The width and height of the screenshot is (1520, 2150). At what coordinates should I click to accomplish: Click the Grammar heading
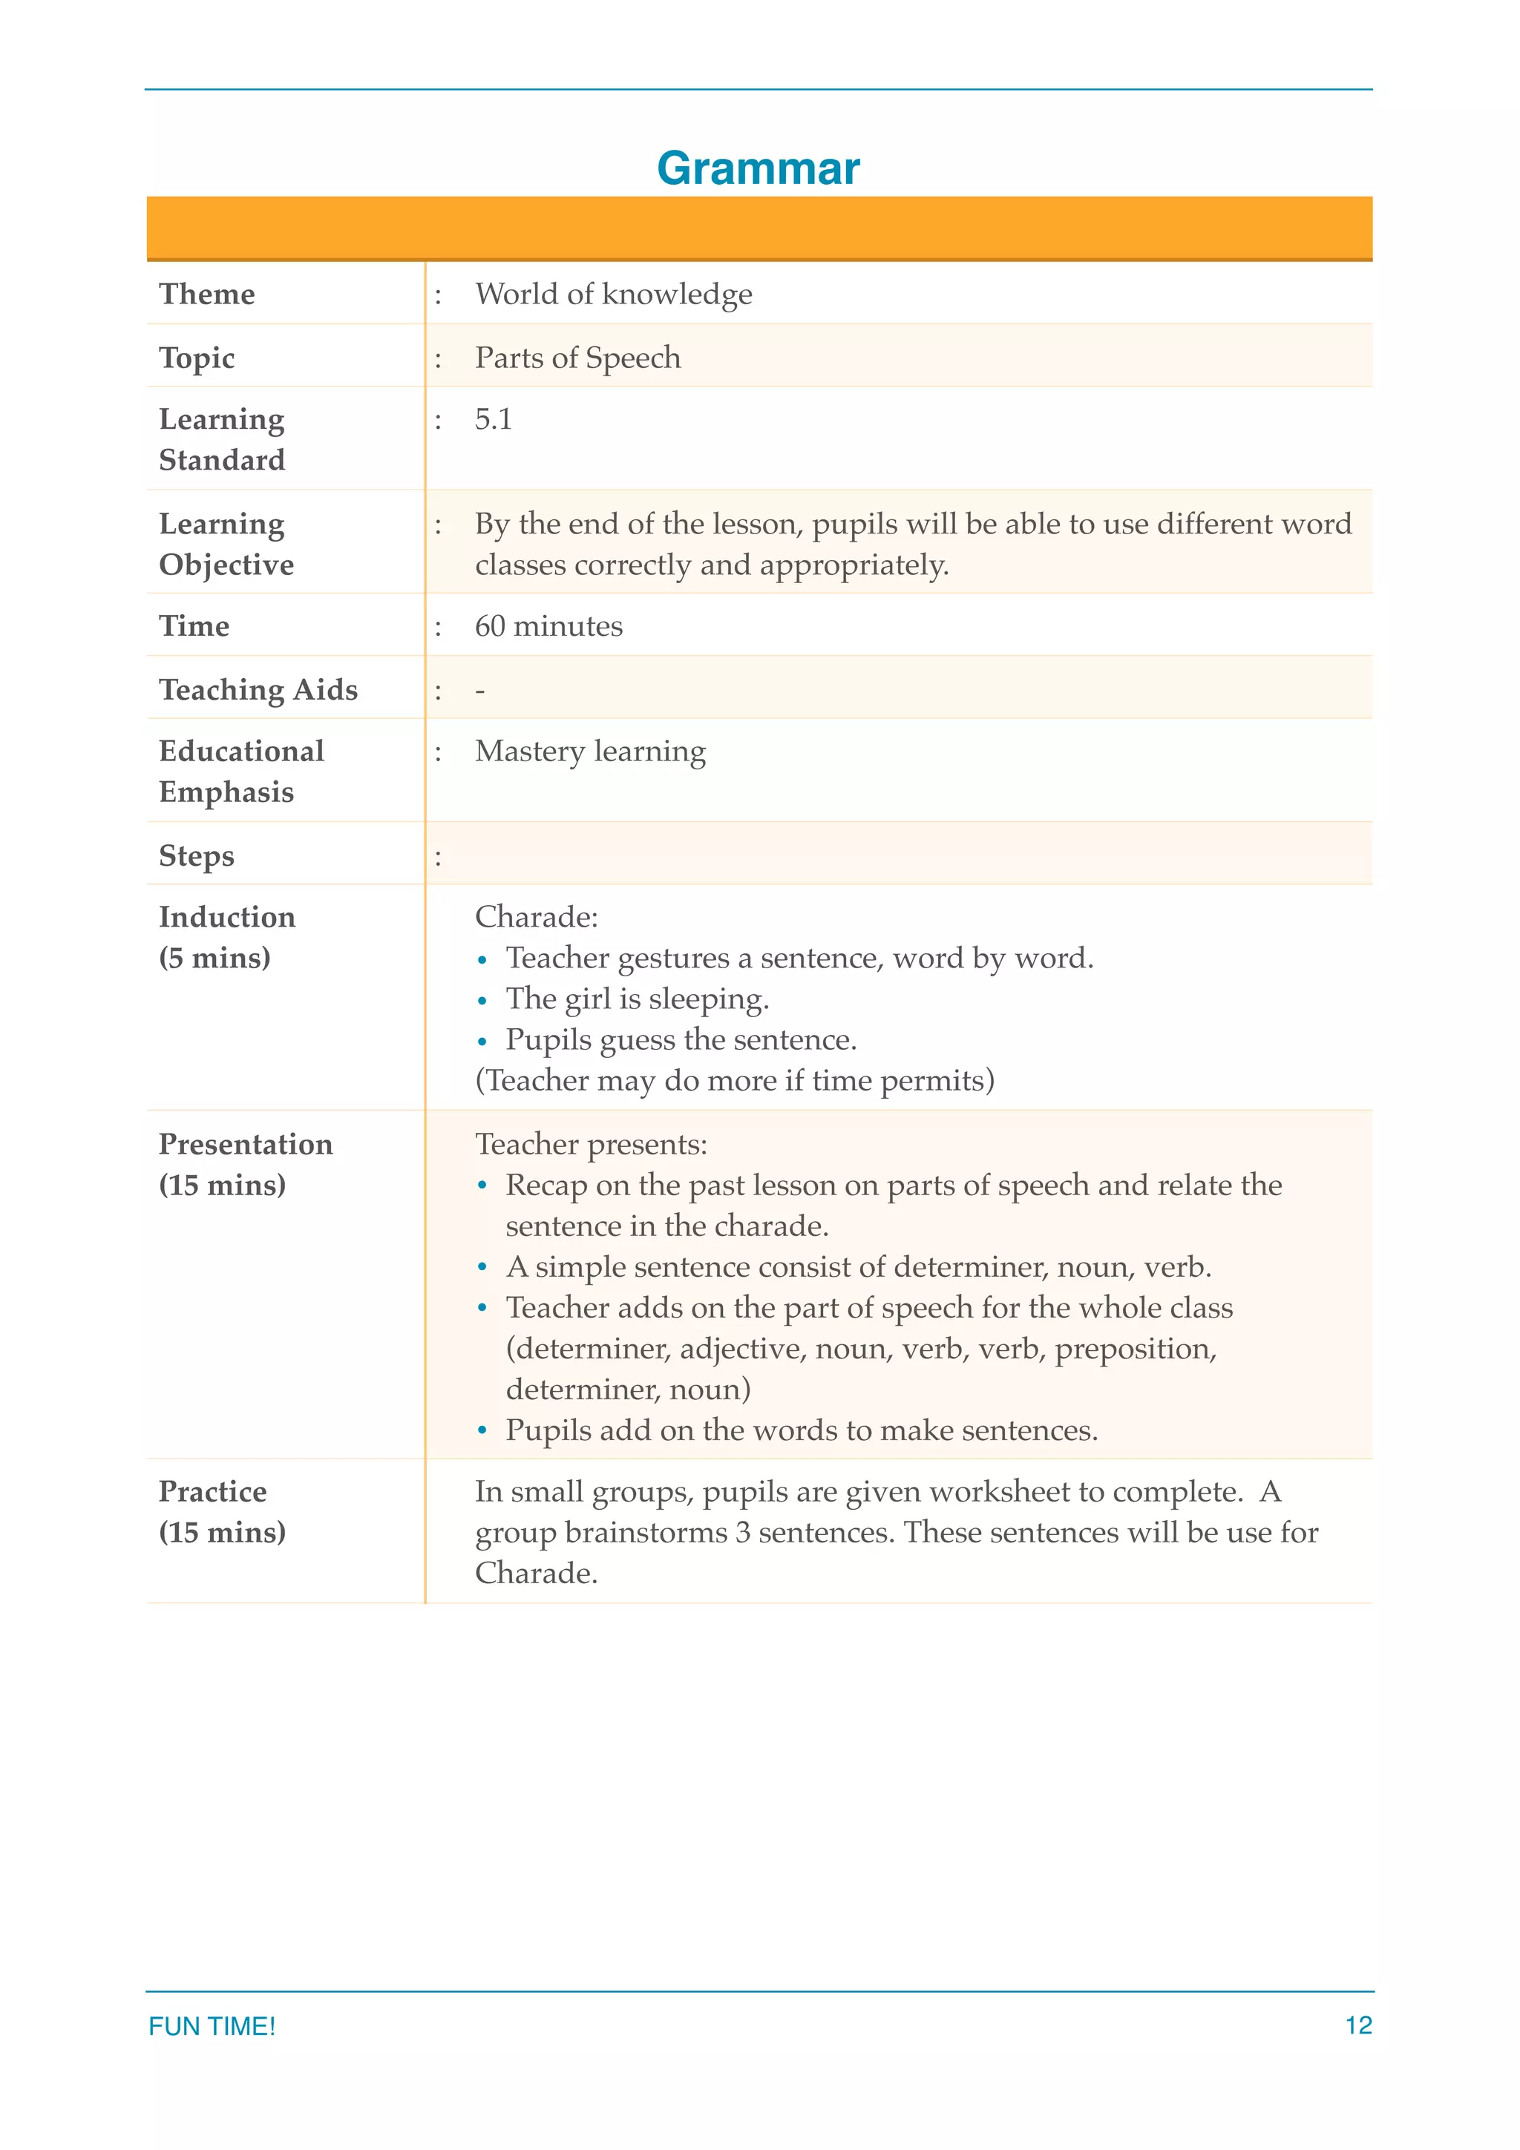click(758, 168)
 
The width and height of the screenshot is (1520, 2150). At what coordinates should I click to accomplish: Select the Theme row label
click(206, 294)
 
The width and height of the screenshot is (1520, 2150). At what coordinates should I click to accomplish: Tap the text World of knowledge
click(614, 294)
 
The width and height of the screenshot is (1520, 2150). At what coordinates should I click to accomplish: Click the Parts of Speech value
click(578, 358)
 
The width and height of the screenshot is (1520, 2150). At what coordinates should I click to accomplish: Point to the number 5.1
click(493, 419)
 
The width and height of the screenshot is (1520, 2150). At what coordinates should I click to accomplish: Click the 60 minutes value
click(548, 625)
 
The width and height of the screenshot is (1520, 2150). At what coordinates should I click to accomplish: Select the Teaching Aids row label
click(258, 689)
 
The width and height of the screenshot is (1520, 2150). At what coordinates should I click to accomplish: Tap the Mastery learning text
click(590, 751)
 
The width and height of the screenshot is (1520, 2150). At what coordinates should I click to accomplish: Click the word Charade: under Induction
click(536, 917)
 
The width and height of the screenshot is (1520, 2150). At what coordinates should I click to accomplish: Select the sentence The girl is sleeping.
click(637, 999)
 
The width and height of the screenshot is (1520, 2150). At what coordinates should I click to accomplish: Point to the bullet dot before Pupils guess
click(482, 1042)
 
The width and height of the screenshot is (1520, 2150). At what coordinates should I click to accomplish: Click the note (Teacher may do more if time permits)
click(734, 1081)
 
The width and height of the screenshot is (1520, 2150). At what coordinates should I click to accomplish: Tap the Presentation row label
click(246, 1144)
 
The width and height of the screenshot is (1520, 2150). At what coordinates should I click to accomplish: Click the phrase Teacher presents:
click(591, 1144)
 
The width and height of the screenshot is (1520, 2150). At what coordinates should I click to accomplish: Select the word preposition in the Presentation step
click(1134, 1349)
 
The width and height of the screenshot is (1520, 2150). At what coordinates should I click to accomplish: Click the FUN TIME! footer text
click(212, 2025)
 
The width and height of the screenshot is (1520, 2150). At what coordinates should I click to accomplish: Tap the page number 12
click(1358, 2025)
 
